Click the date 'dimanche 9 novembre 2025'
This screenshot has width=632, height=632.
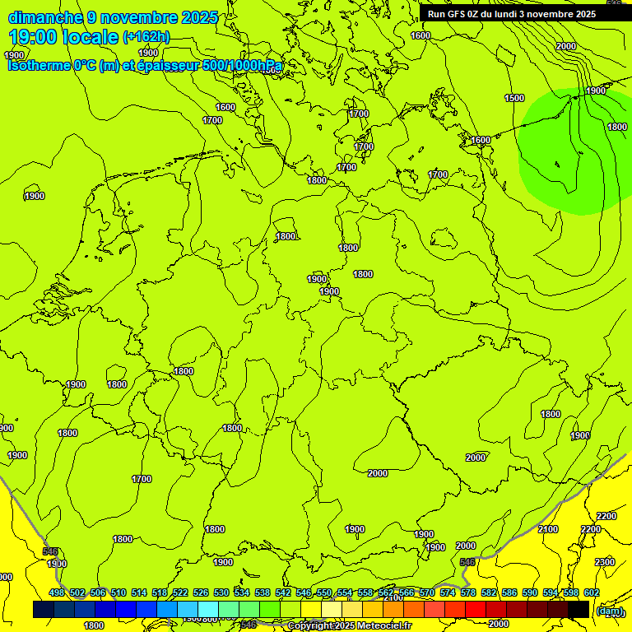point(113,17)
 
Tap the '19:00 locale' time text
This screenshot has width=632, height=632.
point(63,36)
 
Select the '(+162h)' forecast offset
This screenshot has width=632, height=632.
point(146,36)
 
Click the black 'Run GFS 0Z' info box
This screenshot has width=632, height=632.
point(511,14)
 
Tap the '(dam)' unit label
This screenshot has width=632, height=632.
point(610,611)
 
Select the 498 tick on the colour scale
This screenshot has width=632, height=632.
point(56,593)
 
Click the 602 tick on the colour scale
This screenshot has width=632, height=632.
point(591,593)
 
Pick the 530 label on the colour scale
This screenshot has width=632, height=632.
point(221,593)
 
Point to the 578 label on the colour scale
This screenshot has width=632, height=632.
point(467,593)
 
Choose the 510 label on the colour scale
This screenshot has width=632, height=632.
point(118,593)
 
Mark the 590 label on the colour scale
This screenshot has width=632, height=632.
point(529,593)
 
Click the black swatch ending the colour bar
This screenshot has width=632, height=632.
point(579,609)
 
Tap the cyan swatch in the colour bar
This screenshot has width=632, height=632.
point(208,609)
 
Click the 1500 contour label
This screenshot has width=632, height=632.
point(513,98)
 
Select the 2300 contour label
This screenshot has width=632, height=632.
point(604,562)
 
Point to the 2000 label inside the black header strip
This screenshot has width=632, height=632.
point(565,46)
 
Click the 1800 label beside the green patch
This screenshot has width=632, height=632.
point(616,127)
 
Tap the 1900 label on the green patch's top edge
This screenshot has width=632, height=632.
point(596,91)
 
